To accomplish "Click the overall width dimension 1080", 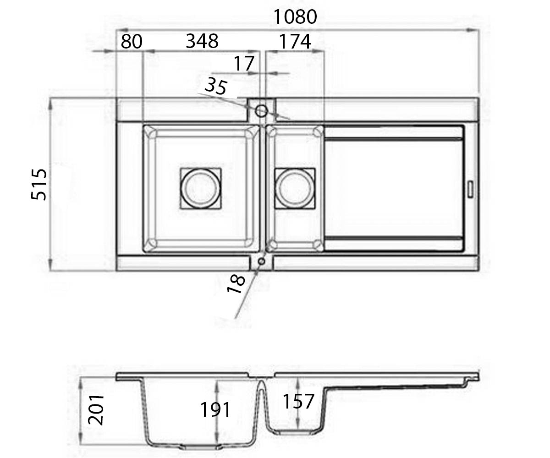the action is (295, 17).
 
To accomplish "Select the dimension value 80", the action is (132, 41).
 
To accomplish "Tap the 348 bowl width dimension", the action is (202, 41).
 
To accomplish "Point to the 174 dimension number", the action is (295, 42).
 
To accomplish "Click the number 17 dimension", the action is (244, 64).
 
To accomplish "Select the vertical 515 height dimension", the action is (38, 184).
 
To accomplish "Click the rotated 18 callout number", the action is (236, 284).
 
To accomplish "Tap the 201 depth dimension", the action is (96, 410).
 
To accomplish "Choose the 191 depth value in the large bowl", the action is (215, 410).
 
